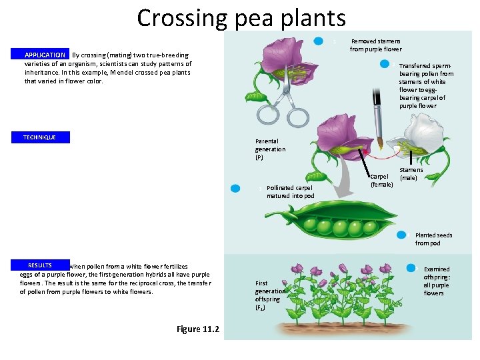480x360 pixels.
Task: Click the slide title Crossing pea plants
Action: coord(241,18)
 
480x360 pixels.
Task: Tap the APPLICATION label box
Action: coord(45,55)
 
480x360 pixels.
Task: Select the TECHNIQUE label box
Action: coord(40,137)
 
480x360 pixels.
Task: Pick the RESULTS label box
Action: coord(40,265)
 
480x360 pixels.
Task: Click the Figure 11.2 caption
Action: coord(199,329)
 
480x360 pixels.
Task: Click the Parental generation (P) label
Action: coord(270,149)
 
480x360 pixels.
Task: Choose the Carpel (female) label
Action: coord(381,181)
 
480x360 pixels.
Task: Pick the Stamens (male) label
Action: coord(411,174)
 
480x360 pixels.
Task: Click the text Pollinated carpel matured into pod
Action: coord(290,192)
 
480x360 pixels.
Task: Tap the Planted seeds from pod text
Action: coord(433,239)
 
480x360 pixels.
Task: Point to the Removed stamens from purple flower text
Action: coord(376,45)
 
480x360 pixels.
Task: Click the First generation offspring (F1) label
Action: coord(270,295)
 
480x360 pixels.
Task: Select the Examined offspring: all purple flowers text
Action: coord(437,281)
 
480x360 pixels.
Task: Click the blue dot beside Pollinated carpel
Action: coord(235,189)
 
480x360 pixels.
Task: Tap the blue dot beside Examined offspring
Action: coord(411,268)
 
